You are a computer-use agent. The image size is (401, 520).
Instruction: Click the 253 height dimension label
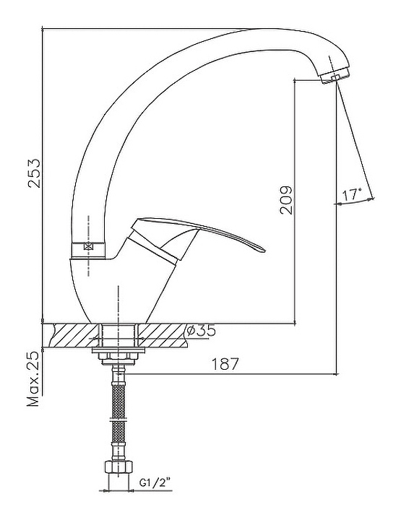(x=34, y=173)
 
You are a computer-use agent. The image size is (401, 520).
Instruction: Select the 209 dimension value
(x=286, y=200)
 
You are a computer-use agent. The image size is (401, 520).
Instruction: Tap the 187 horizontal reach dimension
(x=225, y=364)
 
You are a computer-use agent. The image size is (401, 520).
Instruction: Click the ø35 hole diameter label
(x=201, y=330)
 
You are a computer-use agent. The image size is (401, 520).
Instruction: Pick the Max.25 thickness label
(x=33, y=378)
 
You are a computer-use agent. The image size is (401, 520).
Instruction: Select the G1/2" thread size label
(x=156, y=483)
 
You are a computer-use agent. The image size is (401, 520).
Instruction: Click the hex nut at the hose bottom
(x=118, y=467)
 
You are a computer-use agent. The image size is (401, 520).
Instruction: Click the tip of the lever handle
(x=264, y=251)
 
